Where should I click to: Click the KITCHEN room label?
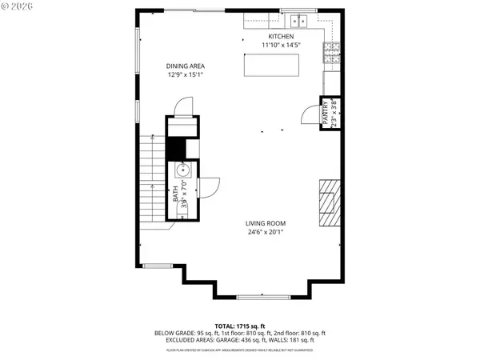pos(281,37)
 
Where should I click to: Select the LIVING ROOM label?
pos(265,223)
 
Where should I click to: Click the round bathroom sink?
pos(184,170)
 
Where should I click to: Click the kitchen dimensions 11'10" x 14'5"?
pos(281,46)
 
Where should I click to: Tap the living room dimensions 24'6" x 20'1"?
pos(265,232)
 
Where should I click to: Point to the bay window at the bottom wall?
pos(263,297)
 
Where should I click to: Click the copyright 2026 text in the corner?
pos(17,9)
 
